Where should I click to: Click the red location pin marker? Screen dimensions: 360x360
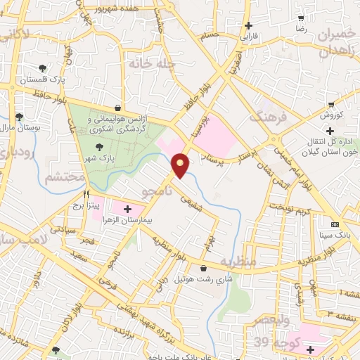click(x=181, y=165)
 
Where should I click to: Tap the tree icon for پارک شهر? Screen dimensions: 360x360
click(x=98, y=147)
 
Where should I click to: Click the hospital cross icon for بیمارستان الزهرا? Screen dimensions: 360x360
click(x=127, y=209)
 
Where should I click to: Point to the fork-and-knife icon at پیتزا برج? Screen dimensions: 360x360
click(x=86, y=194)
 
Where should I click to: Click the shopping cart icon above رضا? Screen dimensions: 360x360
click(x=301, y=19)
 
